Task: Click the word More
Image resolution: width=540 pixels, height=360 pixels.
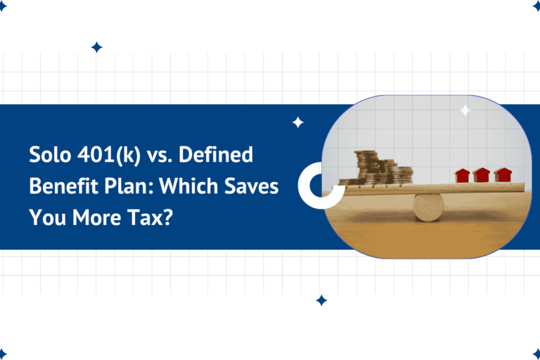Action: (96, 217)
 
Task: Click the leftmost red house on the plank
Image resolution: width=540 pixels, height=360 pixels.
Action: (463, 175)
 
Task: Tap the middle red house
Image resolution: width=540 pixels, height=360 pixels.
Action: (482, 175)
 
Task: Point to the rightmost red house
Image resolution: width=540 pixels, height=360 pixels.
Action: (502, 175)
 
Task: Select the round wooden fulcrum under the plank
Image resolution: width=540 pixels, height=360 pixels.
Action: (428, 206)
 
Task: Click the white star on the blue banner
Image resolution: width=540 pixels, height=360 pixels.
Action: (297, 122)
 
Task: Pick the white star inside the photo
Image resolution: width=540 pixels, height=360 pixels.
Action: (465, 110)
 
